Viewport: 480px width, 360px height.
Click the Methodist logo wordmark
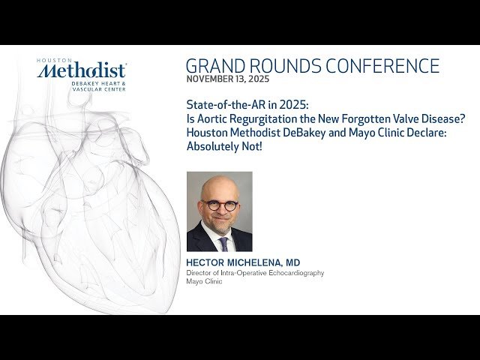82,71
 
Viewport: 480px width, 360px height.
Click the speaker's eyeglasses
220,205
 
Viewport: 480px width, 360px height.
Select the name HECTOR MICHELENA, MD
243,262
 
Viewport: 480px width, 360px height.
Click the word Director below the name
199,273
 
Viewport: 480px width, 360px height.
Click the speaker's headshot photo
219,211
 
